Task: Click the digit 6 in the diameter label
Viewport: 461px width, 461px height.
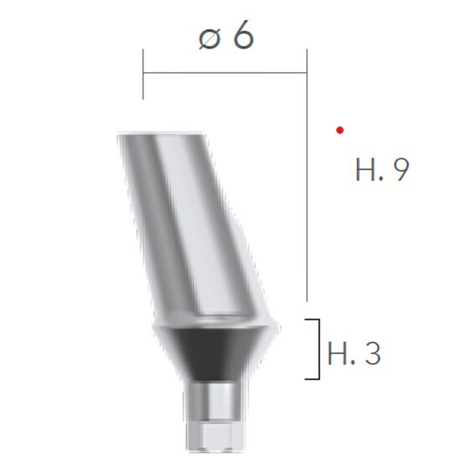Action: coord(242,36)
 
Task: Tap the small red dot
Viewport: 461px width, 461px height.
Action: coord(339,129)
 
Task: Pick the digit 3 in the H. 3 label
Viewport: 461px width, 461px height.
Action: coord(371,353)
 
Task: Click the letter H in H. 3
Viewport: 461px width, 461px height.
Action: coord(339,353)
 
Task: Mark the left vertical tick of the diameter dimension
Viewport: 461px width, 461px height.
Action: coord(143,74)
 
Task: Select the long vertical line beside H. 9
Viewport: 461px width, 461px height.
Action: coord(307,184)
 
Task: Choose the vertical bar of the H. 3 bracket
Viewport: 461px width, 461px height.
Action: coord(319,349)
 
